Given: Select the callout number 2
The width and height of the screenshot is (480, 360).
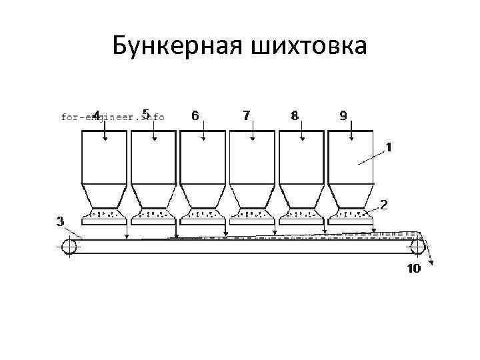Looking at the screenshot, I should pos(385,203).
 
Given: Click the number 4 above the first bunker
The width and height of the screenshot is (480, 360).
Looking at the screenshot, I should pos(97,115).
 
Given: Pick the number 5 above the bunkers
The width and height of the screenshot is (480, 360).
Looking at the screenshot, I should pos(145,113).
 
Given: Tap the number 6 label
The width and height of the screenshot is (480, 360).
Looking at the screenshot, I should pos(195,115).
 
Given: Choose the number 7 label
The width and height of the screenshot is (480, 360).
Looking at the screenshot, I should pos(246,115).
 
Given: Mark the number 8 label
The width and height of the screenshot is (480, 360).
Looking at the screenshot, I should pos(295,115).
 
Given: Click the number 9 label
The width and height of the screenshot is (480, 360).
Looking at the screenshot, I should pos(343,115).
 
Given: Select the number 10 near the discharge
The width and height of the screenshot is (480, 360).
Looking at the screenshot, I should pos(413,269).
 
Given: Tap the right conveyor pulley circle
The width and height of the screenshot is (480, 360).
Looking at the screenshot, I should pos(418,247).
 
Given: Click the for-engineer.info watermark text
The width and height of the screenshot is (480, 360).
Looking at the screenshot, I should pos(113,117).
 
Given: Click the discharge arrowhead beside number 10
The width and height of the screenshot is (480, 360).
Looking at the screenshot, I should pos(431,263).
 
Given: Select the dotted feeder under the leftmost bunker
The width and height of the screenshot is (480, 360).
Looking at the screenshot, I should pos(104,215).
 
